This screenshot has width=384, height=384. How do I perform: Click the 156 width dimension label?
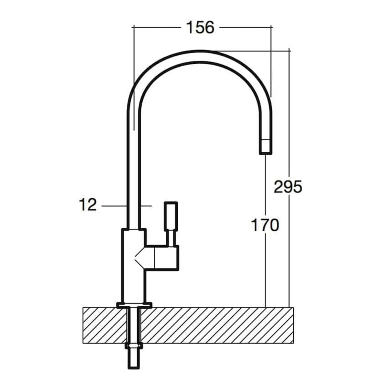point(200,27)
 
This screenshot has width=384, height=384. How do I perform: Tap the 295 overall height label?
point(288,187)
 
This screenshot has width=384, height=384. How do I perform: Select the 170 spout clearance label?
point(265,225)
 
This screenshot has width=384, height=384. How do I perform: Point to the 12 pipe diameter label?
point(88,205)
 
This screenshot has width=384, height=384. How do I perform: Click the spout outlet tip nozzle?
point(265,147)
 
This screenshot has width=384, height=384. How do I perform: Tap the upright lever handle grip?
point(171,216)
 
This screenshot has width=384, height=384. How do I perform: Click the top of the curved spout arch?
point(199,56)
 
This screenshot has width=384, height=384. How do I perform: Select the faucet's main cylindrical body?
point(134,266)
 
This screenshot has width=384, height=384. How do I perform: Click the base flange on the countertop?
point(134,305)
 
